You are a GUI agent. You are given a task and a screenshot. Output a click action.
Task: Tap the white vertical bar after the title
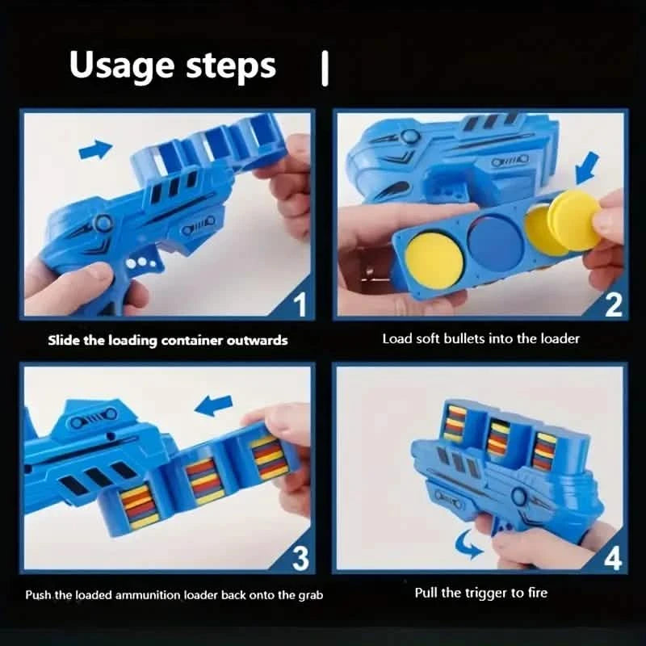[325, 69]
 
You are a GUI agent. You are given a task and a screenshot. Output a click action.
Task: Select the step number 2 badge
[613, 305]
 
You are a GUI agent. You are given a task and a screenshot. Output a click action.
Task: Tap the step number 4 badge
[611, 558]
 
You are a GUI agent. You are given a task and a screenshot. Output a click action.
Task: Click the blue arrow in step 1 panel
[96, 149]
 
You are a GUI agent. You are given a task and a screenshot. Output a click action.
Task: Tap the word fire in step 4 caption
[536, 593]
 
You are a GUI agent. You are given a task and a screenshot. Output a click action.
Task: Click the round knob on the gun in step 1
[103, 224]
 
